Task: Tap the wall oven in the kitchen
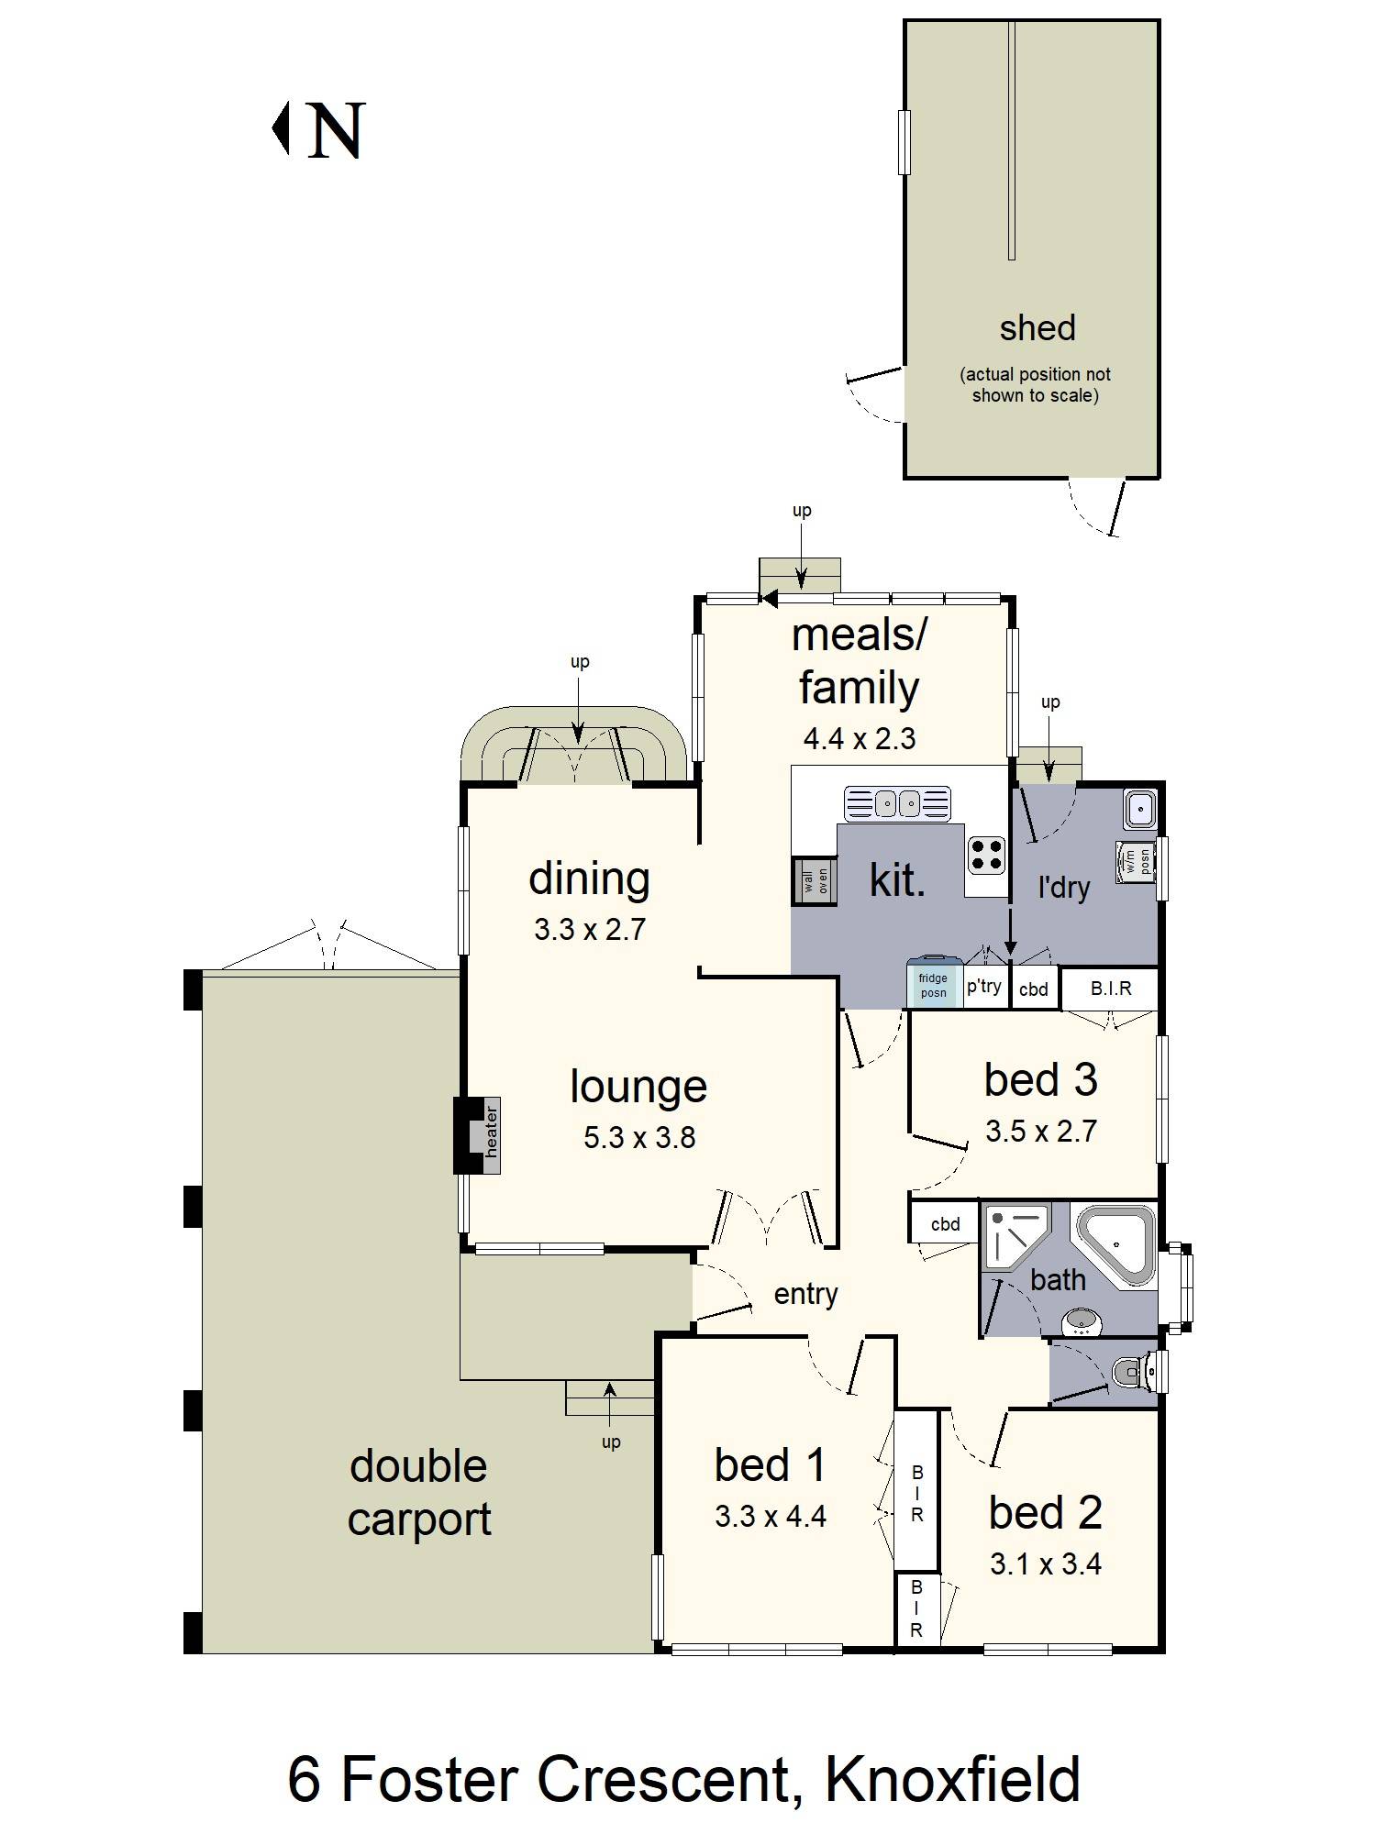(816, 881)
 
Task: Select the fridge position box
(934, 983)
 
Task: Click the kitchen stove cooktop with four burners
(986, 856)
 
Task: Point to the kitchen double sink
(898, 803)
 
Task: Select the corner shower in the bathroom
(1014, 1236)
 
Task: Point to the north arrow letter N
(336, 130)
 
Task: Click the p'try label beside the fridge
(984, 987)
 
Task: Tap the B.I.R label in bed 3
(1111, 989)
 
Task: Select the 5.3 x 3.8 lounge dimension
(639, 1138)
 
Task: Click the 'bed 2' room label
(1045, 1513)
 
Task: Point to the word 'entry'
(805, 1295)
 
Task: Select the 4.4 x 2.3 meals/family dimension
(860, 739)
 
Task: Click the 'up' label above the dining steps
(580, 662)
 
